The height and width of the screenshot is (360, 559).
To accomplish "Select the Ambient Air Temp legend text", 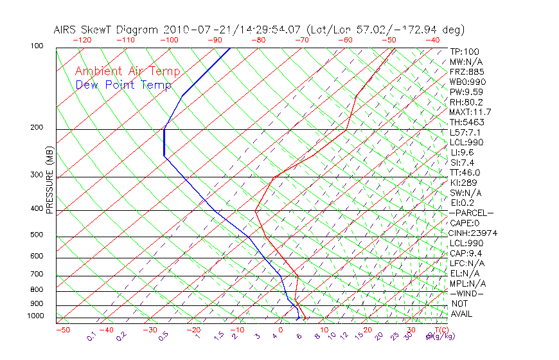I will [x=127, y=71].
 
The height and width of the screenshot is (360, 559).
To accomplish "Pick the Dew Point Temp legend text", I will [x=123, y=85].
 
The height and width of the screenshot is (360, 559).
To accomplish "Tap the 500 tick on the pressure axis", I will [x=37, y=235].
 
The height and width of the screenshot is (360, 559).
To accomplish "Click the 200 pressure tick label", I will [x=37, y=128].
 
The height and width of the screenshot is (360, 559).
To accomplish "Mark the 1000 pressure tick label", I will [x=35, y=316].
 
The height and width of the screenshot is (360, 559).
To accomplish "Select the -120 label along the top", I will [x=82, y=40].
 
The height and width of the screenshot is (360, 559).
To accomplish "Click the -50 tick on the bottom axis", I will [x=62, y=330].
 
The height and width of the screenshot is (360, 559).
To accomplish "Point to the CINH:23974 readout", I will [x=474, y=233].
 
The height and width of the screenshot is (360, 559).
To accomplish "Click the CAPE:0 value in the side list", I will [x=465, y=223].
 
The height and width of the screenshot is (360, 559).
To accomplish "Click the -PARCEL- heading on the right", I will [x=471, y=213].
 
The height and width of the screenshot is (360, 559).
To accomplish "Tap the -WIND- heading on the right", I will [x=466, y=293].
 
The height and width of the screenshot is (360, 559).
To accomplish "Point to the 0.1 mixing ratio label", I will [x=91, y=336].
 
